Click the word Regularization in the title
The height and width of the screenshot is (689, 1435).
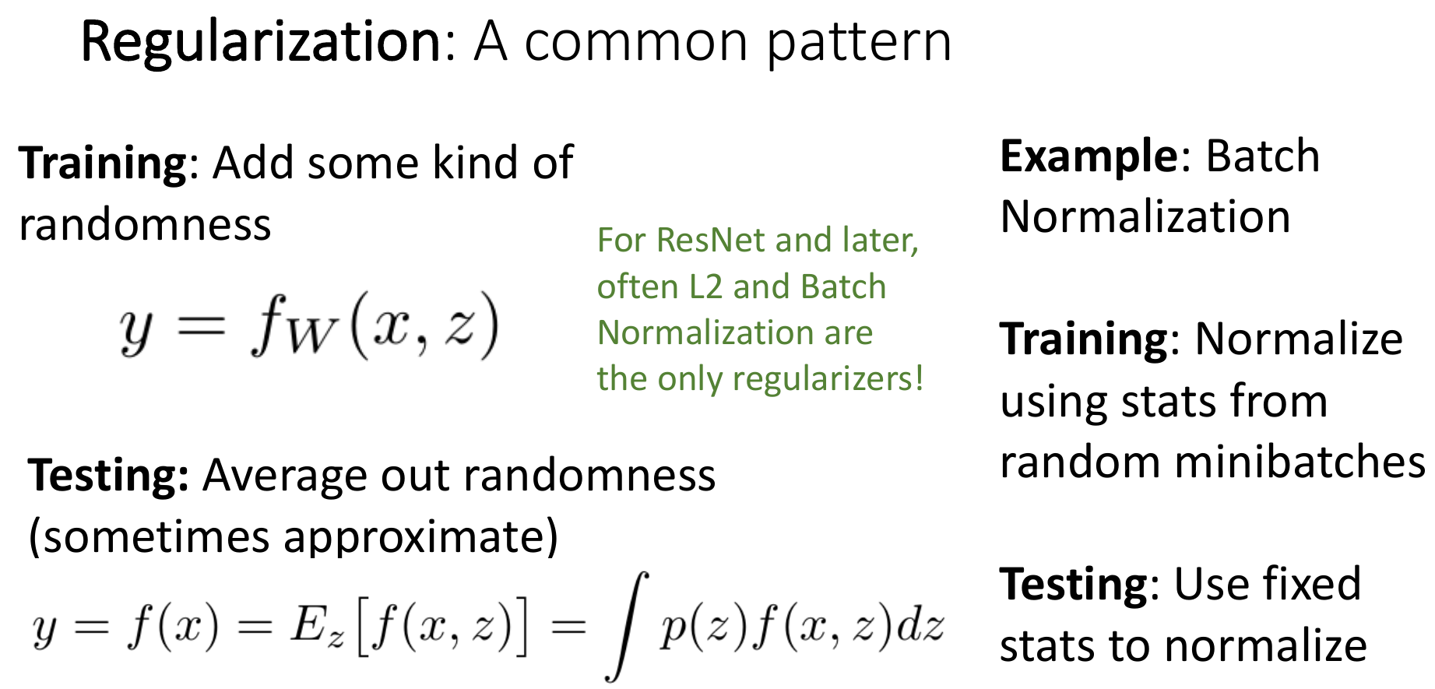click(262, 43)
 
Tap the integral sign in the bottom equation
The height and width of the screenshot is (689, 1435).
click(627, 627)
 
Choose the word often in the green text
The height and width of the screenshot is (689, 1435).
click(638, 286)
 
